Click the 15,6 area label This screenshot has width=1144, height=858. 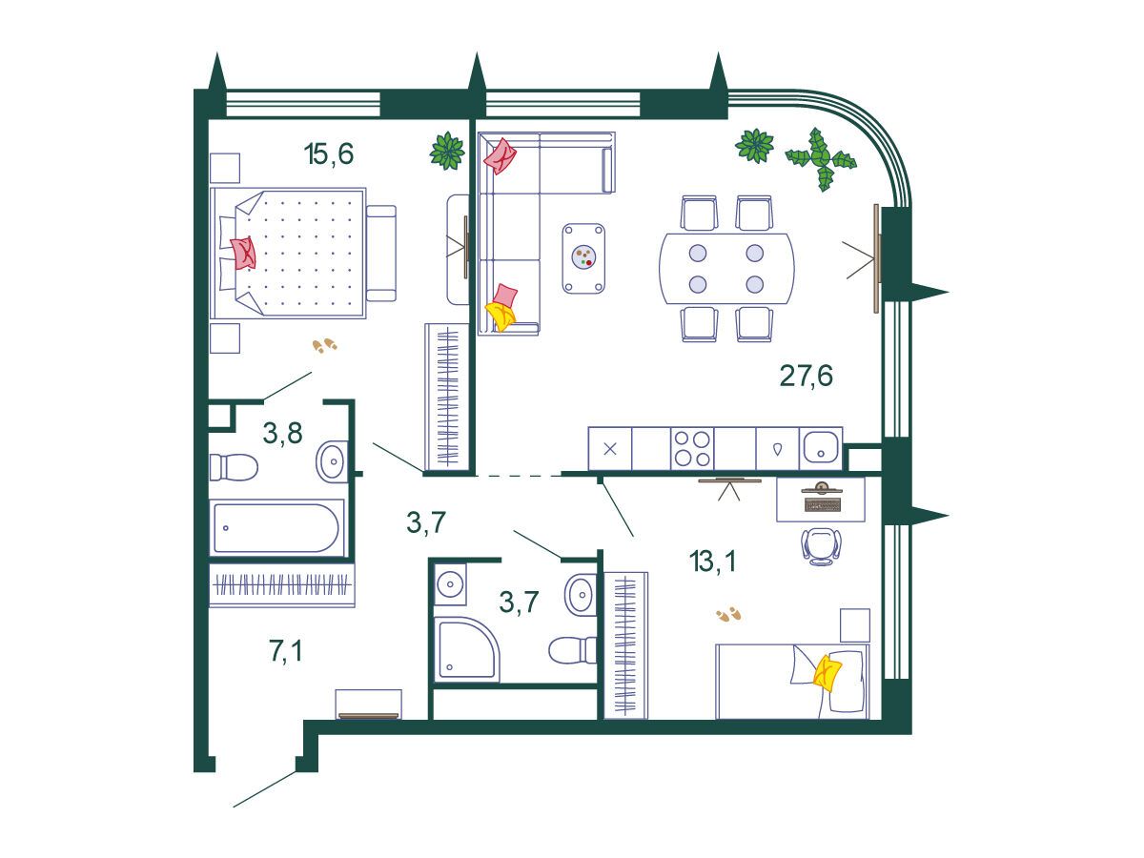tap(329, 154)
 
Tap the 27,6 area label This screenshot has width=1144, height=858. tap(806, 376)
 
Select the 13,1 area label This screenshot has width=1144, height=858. tap(712, 562)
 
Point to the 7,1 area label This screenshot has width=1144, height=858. tap(286, 651)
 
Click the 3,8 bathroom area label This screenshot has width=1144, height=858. tap(282, 433)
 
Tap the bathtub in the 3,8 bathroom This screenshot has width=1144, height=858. tap(276, 528)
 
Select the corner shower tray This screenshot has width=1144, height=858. tap(466, 648)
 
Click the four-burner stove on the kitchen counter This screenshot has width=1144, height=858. tap(692, 448)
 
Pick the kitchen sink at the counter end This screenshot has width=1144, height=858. tap(821, 448)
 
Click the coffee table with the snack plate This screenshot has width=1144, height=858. tap(583, 259)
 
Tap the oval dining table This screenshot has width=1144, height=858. tap(726, 269)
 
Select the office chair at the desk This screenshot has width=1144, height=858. tap(821, 546)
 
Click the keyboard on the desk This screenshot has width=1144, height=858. tap(823, 504)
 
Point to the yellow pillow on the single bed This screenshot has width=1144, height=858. tap(827, 672)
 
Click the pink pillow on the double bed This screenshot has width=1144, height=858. tap(243, 253)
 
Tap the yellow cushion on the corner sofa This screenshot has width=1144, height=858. tap(500, 316)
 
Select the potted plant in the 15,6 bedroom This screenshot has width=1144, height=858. tap(447, 151)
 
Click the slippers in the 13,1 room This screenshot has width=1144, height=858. tap(728, 614)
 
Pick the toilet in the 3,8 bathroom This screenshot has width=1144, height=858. tap(234, 467)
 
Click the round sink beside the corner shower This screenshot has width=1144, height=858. tap(450, 583)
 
